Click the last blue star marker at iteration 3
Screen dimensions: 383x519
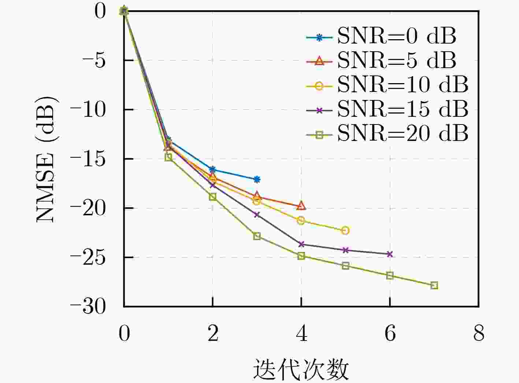click(x=257, y=179)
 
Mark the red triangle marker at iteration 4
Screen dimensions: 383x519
click(x=301, y=206)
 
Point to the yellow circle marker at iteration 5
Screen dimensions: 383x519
click(x=345, y=230)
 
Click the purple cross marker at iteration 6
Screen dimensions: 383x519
click(x=390, y=254)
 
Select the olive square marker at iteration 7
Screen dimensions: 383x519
click(x=434, y=285)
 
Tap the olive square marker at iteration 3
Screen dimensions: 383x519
click(x=257, y=236)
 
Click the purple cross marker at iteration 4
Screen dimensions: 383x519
click(x=301, y=244)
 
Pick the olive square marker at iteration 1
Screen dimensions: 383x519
click(x=168, y=157)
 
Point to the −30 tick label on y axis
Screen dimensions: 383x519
click(x=88, y=307)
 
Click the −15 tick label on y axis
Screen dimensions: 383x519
click(x=88, y=159)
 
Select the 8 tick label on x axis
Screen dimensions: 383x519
click(x=479, y=334)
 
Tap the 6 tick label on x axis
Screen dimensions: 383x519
click(x=390, y=334)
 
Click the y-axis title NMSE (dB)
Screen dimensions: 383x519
click(x=47, y=159)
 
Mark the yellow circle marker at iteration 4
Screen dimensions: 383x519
click(x=301, y=220)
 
